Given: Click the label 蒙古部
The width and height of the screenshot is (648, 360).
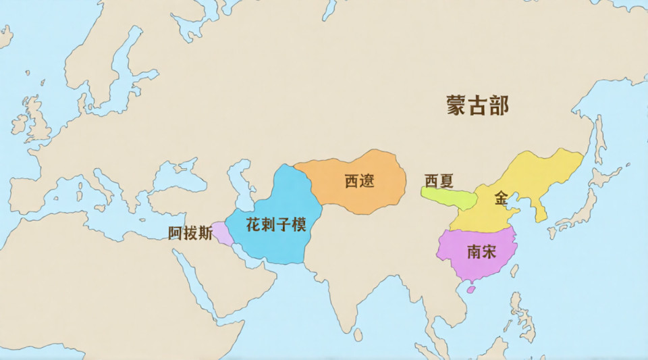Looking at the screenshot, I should tap(477, 105).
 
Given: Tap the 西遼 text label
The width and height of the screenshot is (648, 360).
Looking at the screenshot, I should tap(359, 181).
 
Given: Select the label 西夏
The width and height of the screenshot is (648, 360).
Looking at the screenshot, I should tap(439, 181).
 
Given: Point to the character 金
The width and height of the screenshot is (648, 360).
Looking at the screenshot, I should tap(501, 198).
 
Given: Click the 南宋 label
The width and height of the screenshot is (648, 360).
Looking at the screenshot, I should tap(481, 252).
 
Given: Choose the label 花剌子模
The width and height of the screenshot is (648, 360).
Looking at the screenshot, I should tap(277, 225).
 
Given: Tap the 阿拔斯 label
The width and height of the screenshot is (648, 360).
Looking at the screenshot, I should tap(190, 234).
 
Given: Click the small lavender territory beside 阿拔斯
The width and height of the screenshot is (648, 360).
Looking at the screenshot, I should tap(222, 232).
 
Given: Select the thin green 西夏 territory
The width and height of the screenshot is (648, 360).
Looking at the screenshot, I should tap(449, 198).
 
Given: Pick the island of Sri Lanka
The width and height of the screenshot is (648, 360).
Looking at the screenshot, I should tap(358, 334).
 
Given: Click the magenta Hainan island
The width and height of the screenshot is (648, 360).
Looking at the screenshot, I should tap(472, 290).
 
